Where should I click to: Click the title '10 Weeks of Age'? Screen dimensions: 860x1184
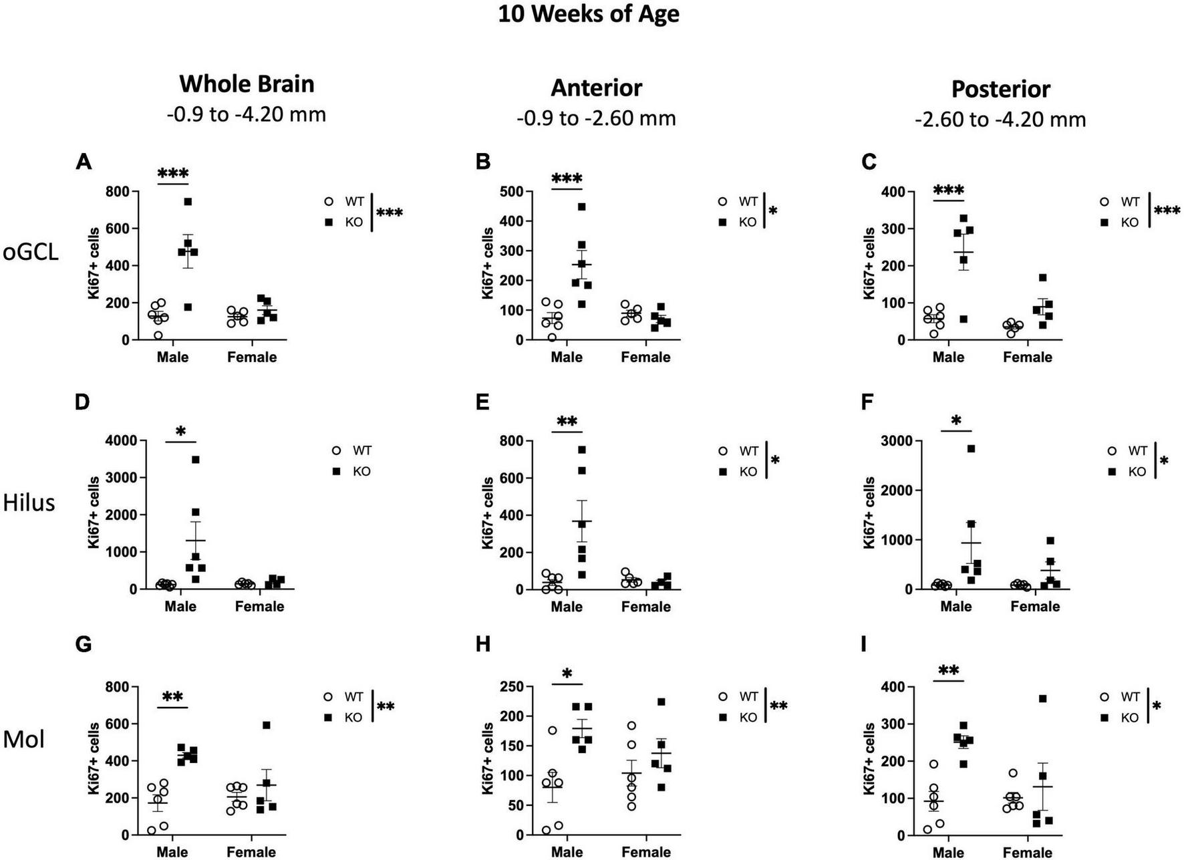click(x=588, y=13)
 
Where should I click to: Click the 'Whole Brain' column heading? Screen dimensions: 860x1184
click(x=247, y=84)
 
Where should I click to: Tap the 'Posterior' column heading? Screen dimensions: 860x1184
click(x=1000, y=89)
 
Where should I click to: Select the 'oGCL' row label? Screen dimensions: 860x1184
click(x=31, y=252)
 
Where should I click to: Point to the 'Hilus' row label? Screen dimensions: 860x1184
click(x=29, y=503)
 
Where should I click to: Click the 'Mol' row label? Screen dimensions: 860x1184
click(x=24, y=740)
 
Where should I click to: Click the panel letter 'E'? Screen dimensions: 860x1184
click(x=482, y=402)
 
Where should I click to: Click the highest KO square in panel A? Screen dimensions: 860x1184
click(x=188, y=202)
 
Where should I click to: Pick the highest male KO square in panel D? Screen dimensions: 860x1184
click(x=195, y=460)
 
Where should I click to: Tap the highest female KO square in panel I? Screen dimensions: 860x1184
click(x=1042, y=699)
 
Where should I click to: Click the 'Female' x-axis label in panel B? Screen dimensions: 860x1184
click(x=645, y=357)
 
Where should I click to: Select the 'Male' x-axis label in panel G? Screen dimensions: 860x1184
click(x=172, y=852)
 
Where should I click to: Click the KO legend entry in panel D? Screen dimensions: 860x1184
click(x=352, y=472)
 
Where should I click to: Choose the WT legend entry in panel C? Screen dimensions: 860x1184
click(x=1121, y=202)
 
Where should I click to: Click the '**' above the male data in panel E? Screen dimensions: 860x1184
click(x=567, y=422)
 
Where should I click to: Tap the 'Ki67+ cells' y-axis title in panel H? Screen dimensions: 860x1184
click(x=488, y=759)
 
